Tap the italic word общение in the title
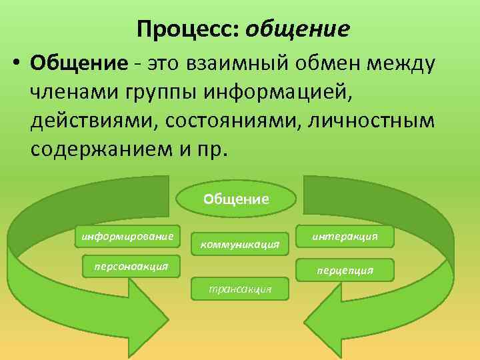point(297,29)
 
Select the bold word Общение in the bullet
point(79,65)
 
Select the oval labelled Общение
point(236,198)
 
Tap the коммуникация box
point(239,244)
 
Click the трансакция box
point(239,289)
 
